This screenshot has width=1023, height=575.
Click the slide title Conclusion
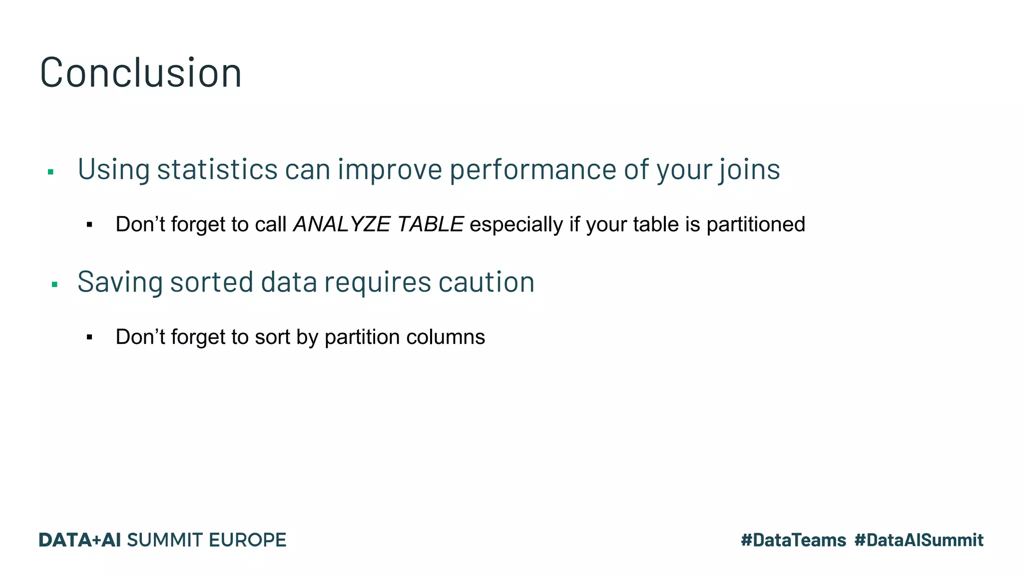(x=140, y=73)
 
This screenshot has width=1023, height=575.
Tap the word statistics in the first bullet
(x=217, y=169)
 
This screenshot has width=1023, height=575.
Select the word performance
(x=533, y=169)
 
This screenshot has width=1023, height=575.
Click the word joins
(x=749, y=169)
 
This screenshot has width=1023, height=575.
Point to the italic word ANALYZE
(x=342, y=225)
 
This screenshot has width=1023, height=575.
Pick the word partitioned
(x=756, y=225)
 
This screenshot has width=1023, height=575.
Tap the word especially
(x=516, y=225)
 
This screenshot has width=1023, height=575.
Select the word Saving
(x=120, y=282)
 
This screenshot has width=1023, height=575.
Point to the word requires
(x=378, y=282)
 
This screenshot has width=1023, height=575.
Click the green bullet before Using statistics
(x=50, y=172)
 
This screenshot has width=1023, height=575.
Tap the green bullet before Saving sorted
(x=54, y=285)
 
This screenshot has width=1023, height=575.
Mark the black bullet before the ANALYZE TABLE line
(x=89, y=225)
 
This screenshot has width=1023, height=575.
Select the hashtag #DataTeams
(x=793, y=540)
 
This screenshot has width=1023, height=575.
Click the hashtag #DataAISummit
(x=919, y=540)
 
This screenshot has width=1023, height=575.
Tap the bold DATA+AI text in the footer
(x=80, y=540)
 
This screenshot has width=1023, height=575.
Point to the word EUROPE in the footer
(x=247, y=540)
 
